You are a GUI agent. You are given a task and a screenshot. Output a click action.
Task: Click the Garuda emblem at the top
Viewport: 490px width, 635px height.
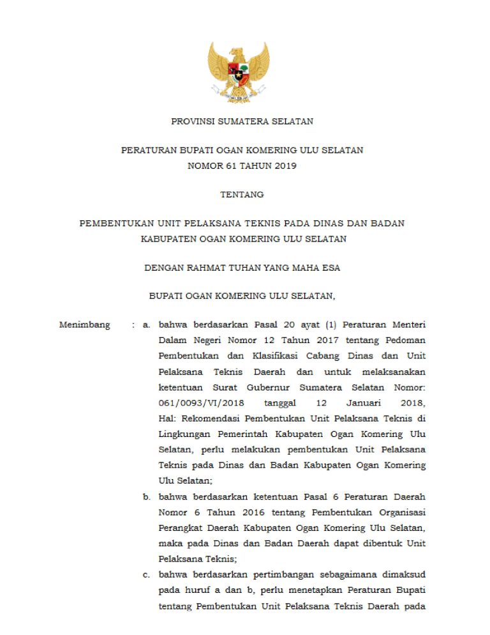[x=239, y=72]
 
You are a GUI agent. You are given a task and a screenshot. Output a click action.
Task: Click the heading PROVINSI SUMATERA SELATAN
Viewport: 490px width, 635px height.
[x=242, y=121]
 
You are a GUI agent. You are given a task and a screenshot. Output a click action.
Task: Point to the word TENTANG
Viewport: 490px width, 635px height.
[x=242, y=194]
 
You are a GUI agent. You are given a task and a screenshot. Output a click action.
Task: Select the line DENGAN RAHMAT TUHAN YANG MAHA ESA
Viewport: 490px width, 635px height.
[x=242, y=268]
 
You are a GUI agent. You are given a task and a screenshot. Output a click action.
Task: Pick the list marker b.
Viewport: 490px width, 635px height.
[x=146, y=496]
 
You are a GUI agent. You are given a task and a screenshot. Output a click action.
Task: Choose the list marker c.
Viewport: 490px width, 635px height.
[x=146, y=574]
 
